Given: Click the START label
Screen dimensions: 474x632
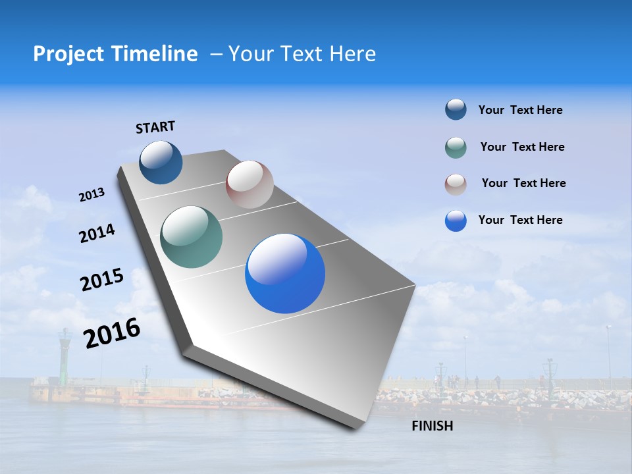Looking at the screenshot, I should [x=155, y=127].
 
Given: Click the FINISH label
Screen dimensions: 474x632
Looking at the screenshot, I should [x=432, y=426].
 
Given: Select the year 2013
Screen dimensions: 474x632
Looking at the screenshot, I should [x=92, y=195].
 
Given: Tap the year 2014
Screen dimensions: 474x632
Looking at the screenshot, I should [x=97, y=234].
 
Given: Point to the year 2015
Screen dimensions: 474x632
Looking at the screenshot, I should [x=101, y=280].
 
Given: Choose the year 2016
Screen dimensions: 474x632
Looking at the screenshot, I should [x=112, y=333].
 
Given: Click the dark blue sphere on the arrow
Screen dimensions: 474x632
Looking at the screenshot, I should [x=161, y=162].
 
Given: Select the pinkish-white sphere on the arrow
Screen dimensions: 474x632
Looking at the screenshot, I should [x=250, y=184].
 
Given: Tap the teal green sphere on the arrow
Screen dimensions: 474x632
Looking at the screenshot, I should [x=191, y=237].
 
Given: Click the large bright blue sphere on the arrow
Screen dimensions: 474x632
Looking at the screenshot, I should [x=285, y=273].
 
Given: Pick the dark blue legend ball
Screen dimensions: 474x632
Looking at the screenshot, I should [x=456, y=110].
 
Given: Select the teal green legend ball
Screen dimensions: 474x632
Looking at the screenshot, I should [x=456, y=147].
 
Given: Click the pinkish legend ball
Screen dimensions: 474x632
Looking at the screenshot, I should [x=456, y=184].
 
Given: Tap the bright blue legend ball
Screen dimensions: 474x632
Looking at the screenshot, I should [x=456, y=221].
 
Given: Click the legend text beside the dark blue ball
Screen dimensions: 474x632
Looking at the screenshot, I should [x=520, y=110].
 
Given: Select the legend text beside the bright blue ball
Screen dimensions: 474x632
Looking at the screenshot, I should [x=520, y=220].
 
